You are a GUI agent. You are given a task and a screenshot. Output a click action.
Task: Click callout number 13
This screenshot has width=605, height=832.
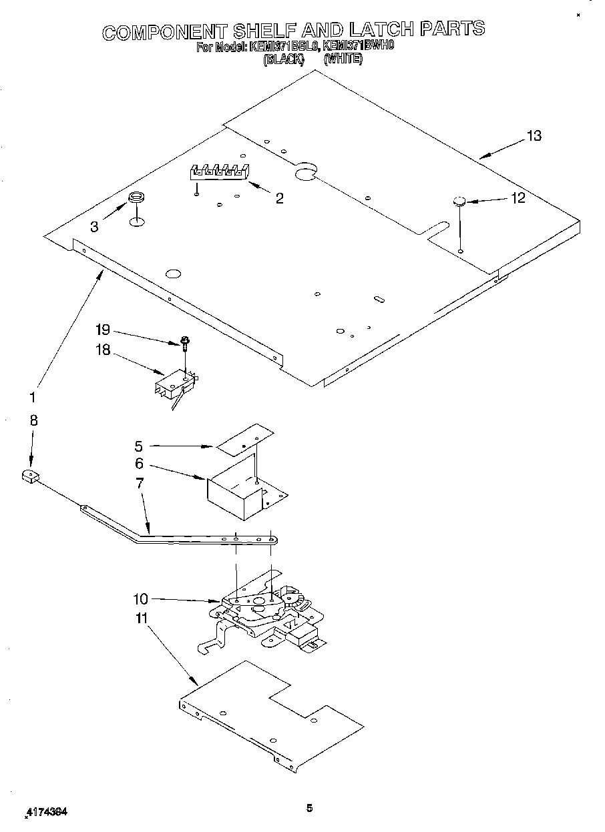pyautogui.click(x=533, y=136)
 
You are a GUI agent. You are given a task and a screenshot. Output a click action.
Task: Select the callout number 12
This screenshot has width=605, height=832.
pyautogui.click(x=517, y=198)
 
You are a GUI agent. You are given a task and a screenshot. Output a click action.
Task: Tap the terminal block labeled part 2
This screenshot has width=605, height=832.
pyautogui.click(x=218, y=171)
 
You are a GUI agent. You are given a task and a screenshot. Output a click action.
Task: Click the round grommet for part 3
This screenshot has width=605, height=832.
pyautogui.click(x=136, y=197)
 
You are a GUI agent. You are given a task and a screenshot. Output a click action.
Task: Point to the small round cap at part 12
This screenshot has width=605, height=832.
pyautogui.click(x=458, y=201)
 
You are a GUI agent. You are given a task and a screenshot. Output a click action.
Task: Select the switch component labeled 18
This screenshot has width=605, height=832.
pyautogui.click(x=176, y=386)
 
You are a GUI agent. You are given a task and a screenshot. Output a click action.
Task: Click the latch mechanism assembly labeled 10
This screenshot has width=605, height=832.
pyautogui.click(x=267, y=610)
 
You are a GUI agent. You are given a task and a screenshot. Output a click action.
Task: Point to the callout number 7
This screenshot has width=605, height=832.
pyautogui.click(x=140, y=483)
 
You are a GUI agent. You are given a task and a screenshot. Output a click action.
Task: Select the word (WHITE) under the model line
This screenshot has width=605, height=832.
pyautogui.click(x=343, y=59)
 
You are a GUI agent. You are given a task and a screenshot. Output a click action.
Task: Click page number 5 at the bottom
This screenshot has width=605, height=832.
pyautogui.click(x=309, y=809)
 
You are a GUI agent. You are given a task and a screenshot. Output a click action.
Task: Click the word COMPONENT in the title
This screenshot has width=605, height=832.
pyautogui.click(x=163, y=31)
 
